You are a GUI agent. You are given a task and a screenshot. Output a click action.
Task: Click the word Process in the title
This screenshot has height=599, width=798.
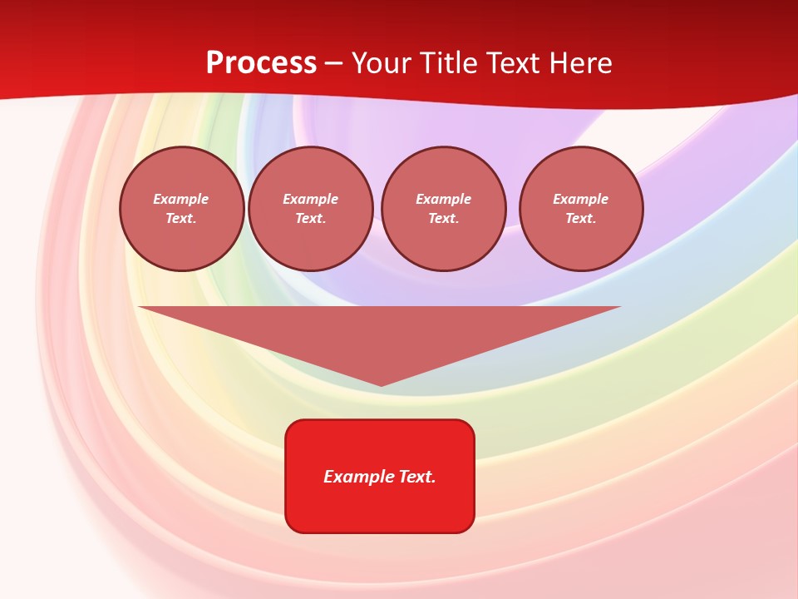261,63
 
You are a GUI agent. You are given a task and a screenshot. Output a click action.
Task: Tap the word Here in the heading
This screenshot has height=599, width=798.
579,63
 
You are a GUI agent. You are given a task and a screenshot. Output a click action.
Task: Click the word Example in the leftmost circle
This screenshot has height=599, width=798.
181,199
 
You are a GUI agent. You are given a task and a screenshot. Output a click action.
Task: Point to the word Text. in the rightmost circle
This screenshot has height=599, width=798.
581,218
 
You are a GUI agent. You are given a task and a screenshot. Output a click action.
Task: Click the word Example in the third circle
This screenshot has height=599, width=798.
443,199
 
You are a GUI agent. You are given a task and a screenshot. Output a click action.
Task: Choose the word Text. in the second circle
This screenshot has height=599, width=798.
311,218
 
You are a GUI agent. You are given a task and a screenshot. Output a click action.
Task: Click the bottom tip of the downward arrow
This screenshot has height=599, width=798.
381,384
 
